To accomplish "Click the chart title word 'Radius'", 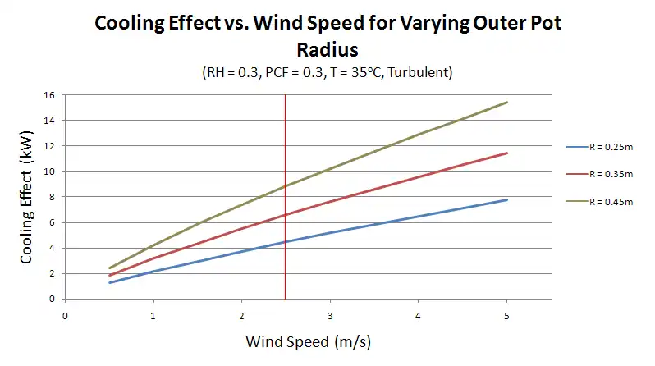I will (327, 49).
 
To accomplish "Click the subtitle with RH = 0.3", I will (327, 72).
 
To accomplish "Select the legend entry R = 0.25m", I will (598, 147).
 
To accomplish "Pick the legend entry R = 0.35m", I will (598, 174).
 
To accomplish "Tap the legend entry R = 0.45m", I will (598, 201).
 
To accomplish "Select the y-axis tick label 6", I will (52, 222).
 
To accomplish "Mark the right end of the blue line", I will (507, 200).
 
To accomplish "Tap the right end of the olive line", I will (507, 103).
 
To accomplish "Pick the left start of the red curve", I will (109, 276).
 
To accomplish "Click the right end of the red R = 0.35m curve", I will (507, 153).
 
